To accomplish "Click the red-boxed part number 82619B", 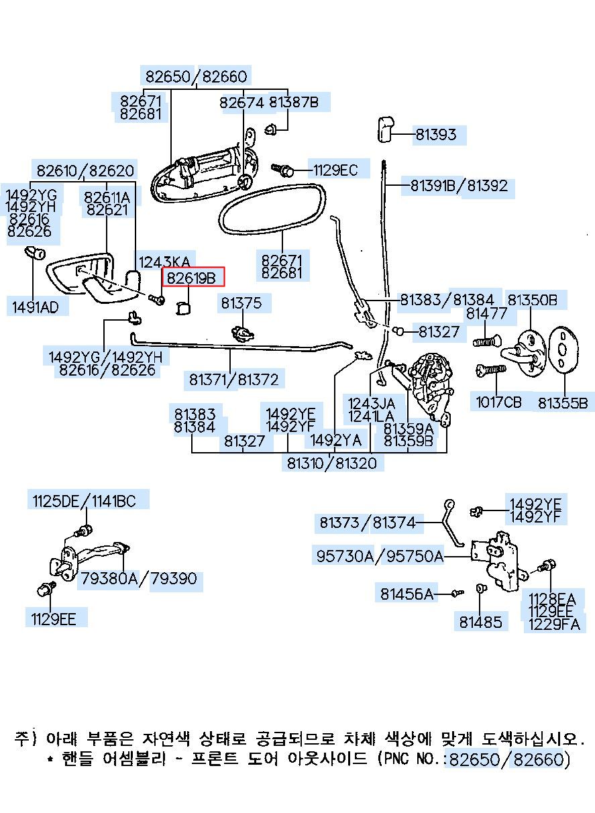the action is click(191, 278).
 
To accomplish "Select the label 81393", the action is click(435, 135).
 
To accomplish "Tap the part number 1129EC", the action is click(335, 170).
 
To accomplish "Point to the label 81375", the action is click(241, 303).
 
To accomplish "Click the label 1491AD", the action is click(35, 307).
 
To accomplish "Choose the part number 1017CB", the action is click(498, 402).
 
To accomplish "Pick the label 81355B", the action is click(562, 403).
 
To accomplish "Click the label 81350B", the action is click(532, 300).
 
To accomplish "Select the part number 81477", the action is click(486, 313).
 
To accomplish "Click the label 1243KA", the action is click(164, 262).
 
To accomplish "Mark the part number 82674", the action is click(241, 103).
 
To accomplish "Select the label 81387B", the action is click(294, 102).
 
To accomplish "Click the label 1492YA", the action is click(336, 440).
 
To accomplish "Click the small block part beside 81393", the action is click(384, 129).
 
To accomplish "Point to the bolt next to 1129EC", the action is click(282, 170).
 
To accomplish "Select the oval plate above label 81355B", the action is click(562, 349).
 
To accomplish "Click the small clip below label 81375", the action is click(242, 333).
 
